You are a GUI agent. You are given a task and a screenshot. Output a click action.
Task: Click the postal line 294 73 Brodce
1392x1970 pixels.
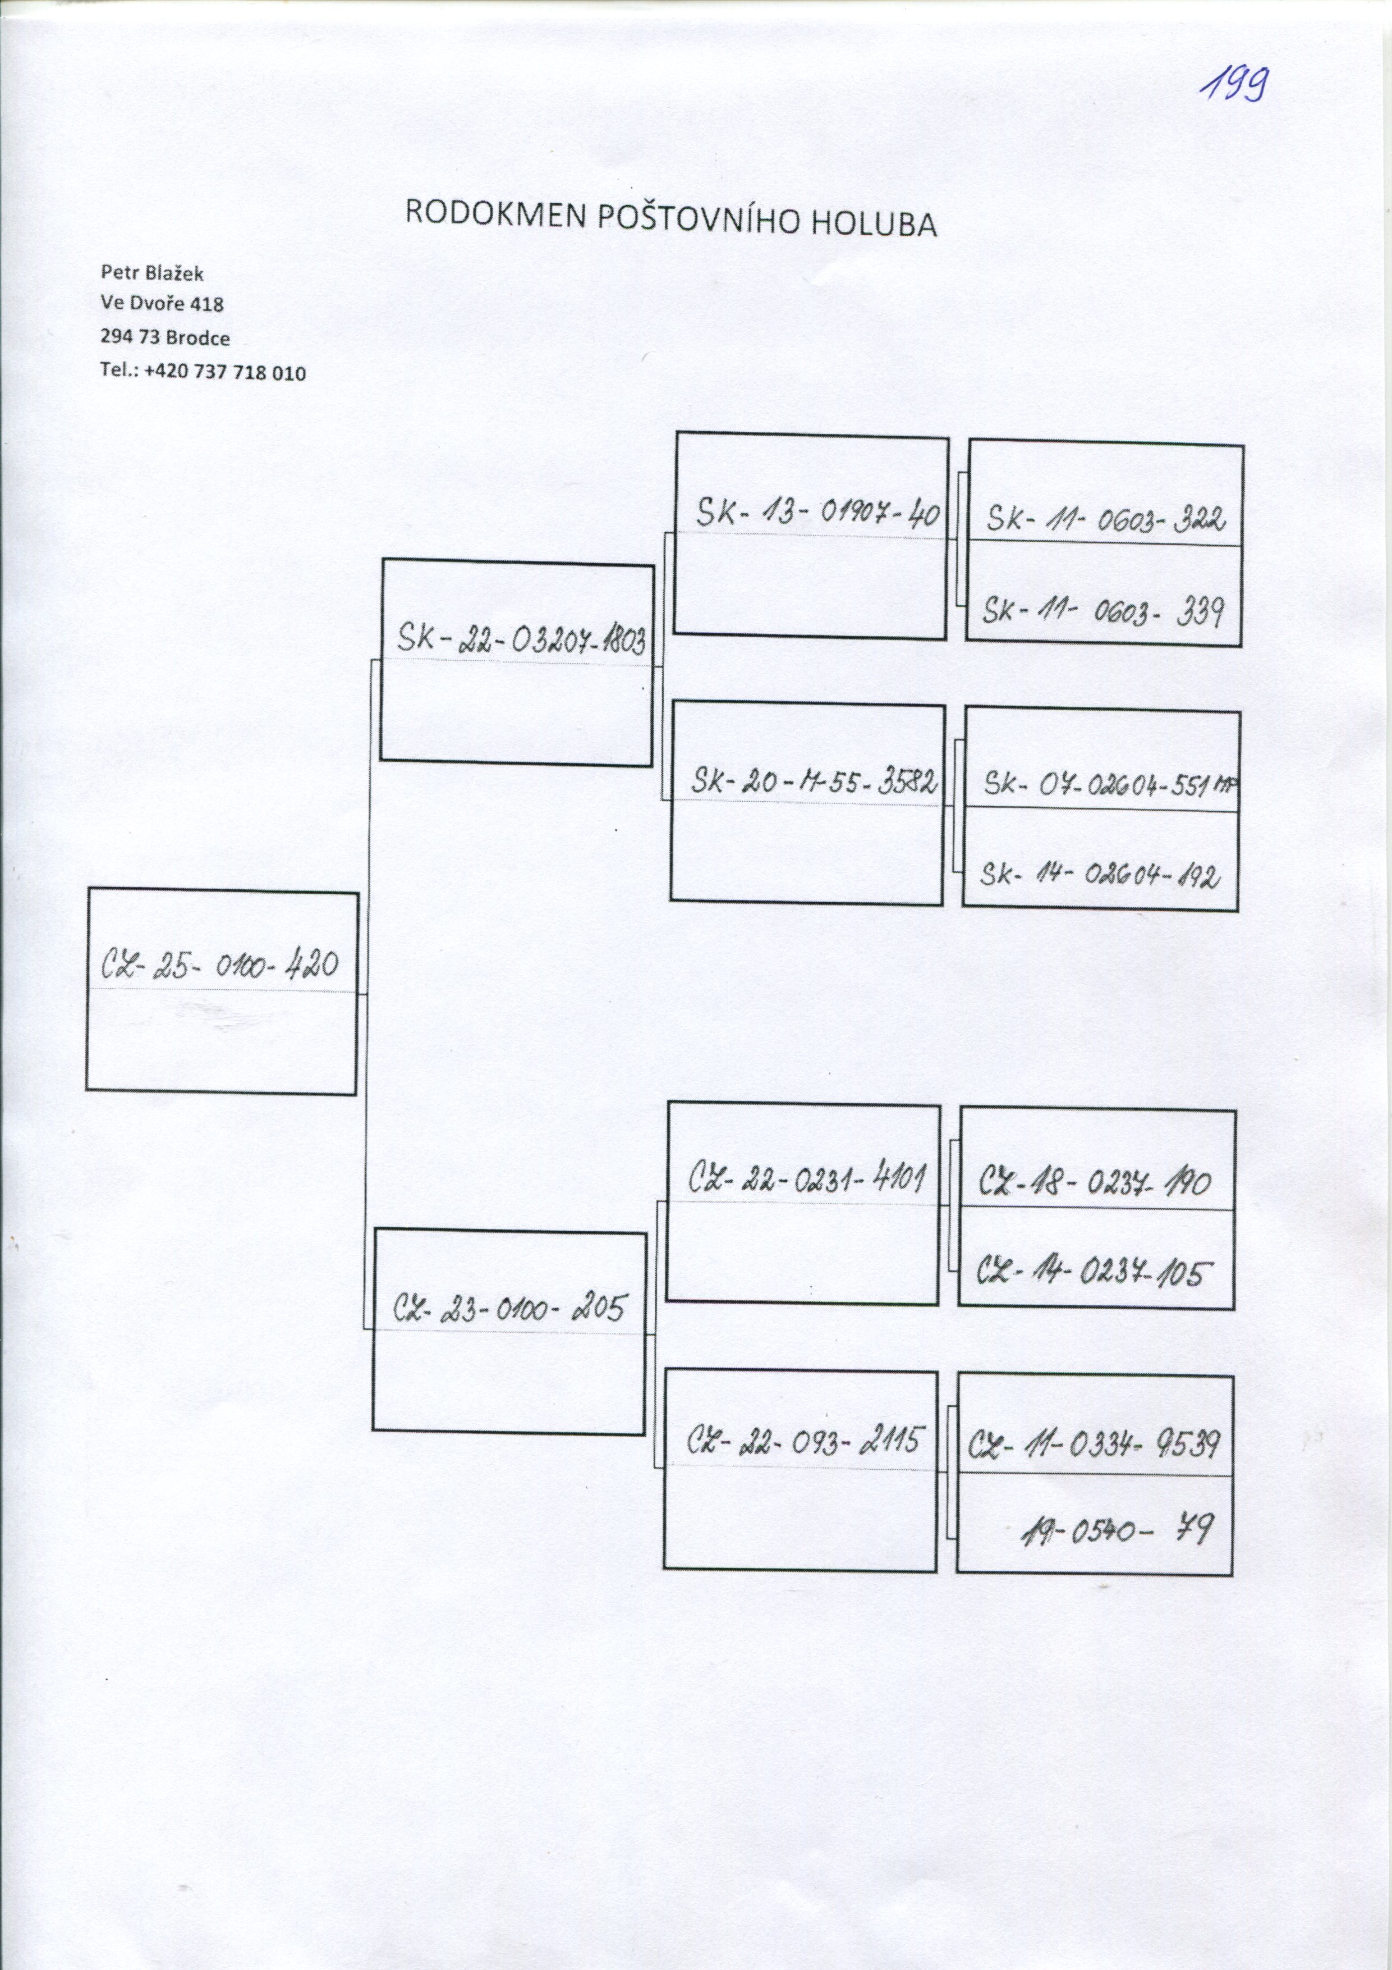pyautogui.click(x=165, y=338)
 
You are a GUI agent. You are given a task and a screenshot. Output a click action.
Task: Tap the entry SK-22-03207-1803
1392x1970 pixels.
pyautogui.click(x=521, y=640)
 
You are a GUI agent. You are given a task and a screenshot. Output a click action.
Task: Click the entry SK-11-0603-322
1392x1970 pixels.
pyautogui.click(x=1105, y=519)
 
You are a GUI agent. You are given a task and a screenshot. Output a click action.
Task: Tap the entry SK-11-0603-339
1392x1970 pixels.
pyautogui.click(x=1102, y=613)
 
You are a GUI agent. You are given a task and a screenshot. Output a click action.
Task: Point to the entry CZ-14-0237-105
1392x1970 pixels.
pyautogui.click(x=1095, y=1272)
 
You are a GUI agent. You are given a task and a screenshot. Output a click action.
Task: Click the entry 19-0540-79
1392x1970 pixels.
pyautogui.click(x=1116, y=1529)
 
